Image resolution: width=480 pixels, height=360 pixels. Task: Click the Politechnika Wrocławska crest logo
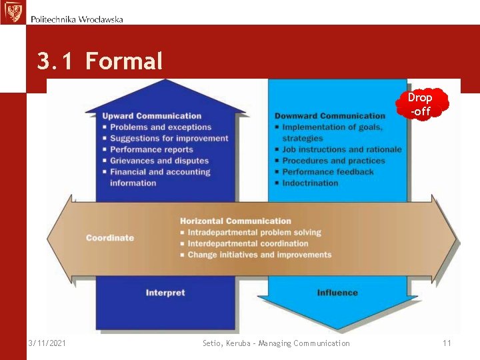pos(13,12)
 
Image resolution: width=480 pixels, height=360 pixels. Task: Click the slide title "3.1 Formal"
pos(100,62)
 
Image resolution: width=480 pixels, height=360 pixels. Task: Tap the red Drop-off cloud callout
pos(421,104)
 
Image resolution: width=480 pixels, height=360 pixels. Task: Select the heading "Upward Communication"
pos(152,116)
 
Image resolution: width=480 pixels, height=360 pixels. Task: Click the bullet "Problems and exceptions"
pos(160,127)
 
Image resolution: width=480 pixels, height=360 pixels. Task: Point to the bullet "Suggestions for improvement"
pos(169,139)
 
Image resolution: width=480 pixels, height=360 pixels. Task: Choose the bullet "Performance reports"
pos(151,150)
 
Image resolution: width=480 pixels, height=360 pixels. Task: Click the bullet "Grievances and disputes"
pos(159,161)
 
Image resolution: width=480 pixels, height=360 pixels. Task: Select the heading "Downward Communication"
pos(330,116)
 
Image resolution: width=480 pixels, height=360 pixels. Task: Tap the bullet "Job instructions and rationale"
pos(341,150)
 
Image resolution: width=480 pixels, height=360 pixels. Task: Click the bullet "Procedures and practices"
pos(333,161)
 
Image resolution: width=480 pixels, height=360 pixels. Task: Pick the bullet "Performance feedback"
pos(327,172)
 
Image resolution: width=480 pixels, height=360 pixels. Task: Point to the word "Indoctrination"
pos(310,183)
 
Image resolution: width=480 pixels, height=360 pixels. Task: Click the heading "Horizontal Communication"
pos(235,221)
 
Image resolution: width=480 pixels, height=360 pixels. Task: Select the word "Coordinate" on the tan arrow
pos(110,238)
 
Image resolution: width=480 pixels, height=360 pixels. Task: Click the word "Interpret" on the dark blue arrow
pos(165,293)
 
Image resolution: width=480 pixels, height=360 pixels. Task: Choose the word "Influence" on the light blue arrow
pos(337,293)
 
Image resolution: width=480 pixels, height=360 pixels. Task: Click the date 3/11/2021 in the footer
pos(47,343)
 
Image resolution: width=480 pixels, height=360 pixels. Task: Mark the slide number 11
pos(447,343)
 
